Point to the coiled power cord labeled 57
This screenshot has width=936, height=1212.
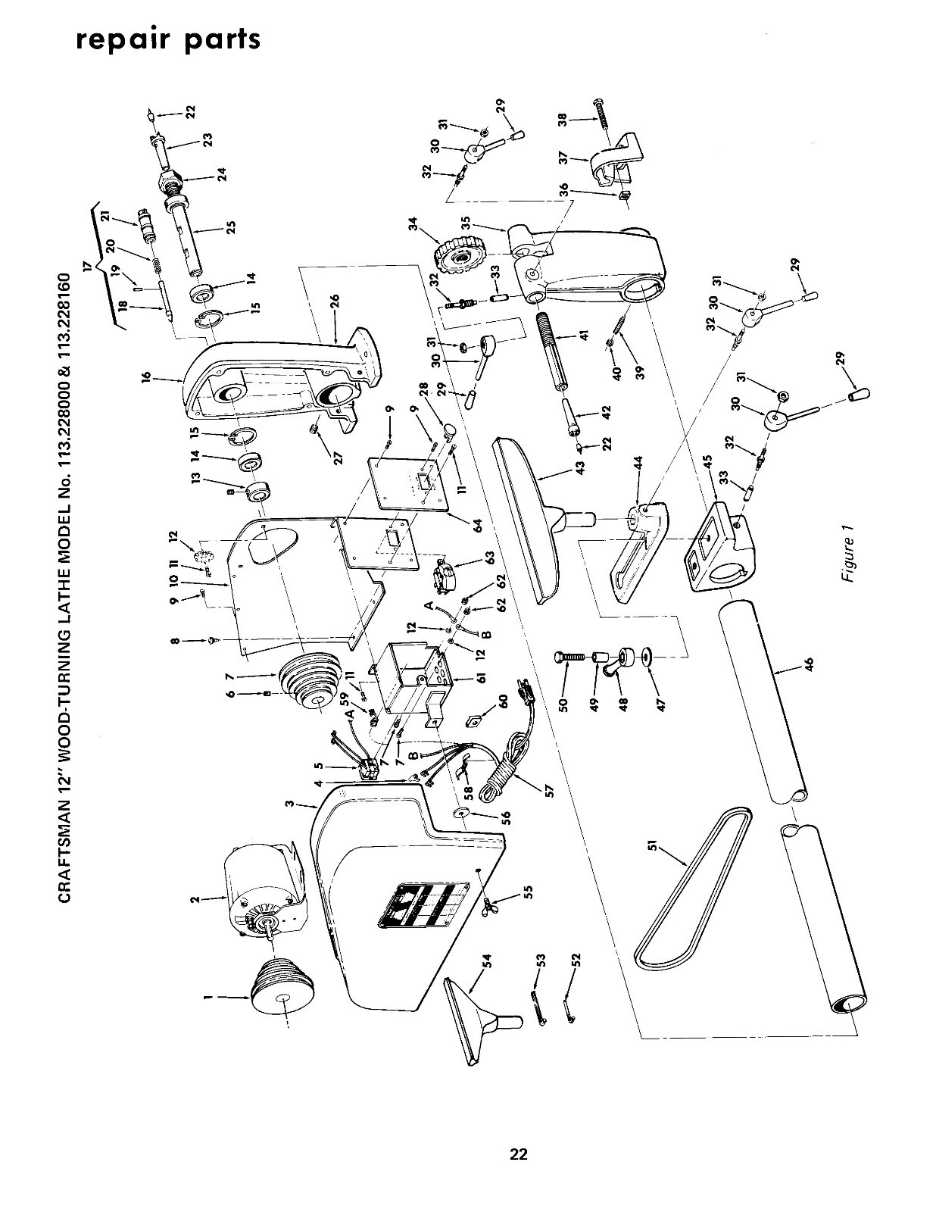[x=504, y=773]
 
